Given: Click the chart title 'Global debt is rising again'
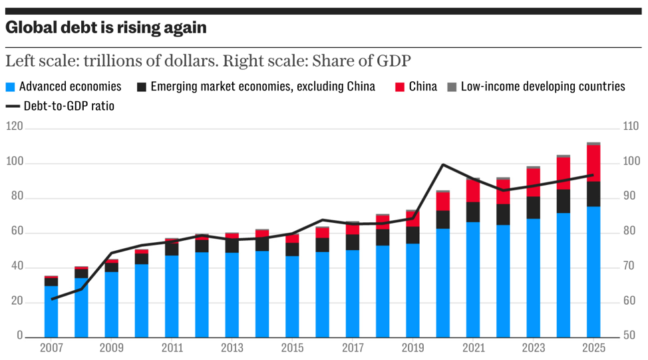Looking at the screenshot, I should [106, 28].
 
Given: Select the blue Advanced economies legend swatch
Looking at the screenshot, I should [10, 87].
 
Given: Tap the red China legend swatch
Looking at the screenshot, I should [400, 87].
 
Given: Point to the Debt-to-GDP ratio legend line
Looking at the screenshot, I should [13, 106].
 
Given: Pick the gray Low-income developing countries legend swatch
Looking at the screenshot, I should [452, 87].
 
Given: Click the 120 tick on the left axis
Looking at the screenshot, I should [14, 126].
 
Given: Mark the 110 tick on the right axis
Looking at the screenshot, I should [631, 126].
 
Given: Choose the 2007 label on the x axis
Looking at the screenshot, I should [51, 348].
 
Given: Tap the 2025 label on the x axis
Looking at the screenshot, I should [593, 348].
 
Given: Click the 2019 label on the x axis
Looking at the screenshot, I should [413, 348].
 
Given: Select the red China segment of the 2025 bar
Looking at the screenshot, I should [593, 163].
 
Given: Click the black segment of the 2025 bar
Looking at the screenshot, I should [593, 194].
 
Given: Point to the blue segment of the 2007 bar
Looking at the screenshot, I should [51, 311].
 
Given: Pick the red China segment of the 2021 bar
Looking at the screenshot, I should [473, 191].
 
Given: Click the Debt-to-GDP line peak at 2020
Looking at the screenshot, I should [443, 164].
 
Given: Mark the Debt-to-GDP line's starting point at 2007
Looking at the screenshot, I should [51, 299].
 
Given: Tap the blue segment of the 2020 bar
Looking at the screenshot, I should [443, 283].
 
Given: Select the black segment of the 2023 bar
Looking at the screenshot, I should [533, 208].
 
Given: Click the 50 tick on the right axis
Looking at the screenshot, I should [629, 336].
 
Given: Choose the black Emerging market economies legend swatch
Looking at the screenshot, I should [142, 87].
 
